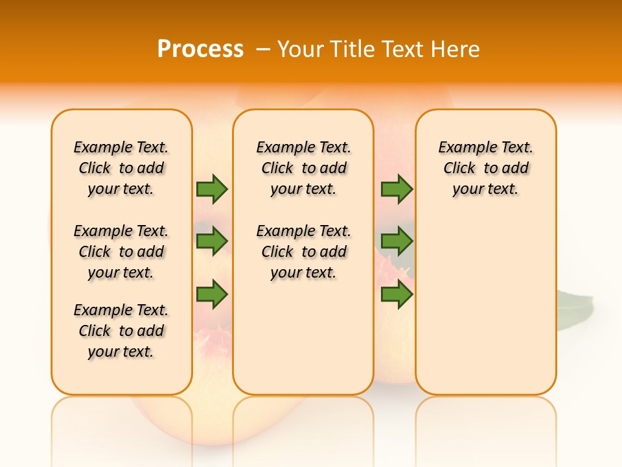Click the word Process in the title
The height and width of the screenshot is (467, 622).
point(200,49)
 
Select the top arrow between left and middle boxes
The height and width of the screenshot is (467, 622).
point(212,189)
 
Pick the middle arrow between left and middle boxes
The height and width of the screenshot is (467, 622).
point(212,242)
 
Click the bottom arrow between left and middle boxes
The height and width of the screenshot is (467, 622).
point(212,294)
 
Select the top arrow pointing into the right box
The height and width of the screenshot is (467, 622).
point(397,189)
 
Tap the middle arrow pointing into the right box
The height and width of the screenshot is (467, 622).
point(397,242)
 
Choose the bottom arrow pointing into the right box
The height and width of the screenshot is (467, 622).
point(397,294)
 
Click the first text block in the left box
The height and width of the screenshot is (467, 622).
point(121,168)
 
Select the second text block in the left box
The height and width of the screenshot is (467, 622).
point(121,252)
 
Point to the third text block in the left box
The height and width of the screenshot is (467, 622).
point(121,331)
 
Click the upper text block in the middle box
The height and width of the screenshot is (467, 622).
point(303,168)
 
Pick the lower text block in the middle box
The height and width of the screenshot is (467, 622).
point(303,252)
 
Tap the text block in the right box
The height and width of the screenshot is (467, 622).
point(485,168)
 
